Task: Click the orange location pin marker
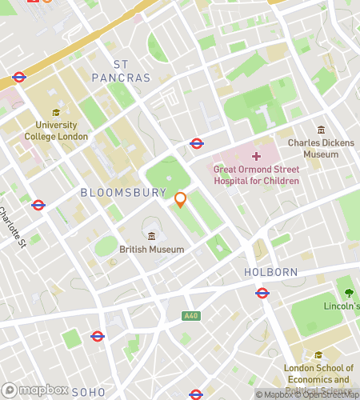point(180,200)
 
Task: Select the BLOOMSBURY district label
point(123,193)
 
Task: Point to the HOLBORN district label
point(270,273)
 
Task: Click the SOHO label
point(88,393)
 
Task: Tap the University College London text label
point(55,130)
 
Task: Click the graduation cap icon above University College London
point(55,113)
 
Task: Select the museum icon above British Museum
point(151,235)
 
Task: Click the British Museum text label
point(151,250)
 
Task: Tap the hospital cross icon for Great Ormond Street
point(256,156)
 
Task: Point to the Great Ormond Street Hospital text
point(257,174)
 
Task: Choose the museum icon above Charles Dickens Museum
point(321,130)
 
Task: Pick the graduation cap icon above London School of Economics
point(318,354)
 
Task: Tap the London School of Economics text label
point(318,374)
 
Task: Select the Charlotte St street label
point(14,227)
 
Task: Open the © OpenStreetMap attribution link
point(323,394)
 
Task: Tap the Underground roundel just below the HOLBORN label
point(262,293)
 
